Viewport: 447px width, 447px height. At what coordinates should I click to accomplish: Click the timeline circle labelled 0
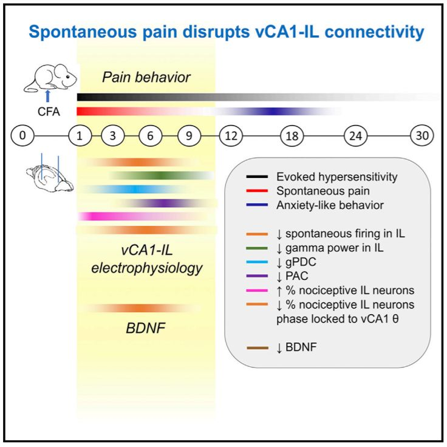(22, 135)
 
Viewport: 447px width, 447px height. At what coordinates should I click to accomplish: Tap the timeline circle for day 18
(292, 135)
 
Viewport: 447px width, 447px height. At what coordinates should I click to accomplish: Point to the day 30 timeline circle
(421, 135)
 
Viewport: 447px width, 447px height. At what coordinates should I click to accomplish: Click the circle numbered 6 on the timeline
(150, 135)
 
